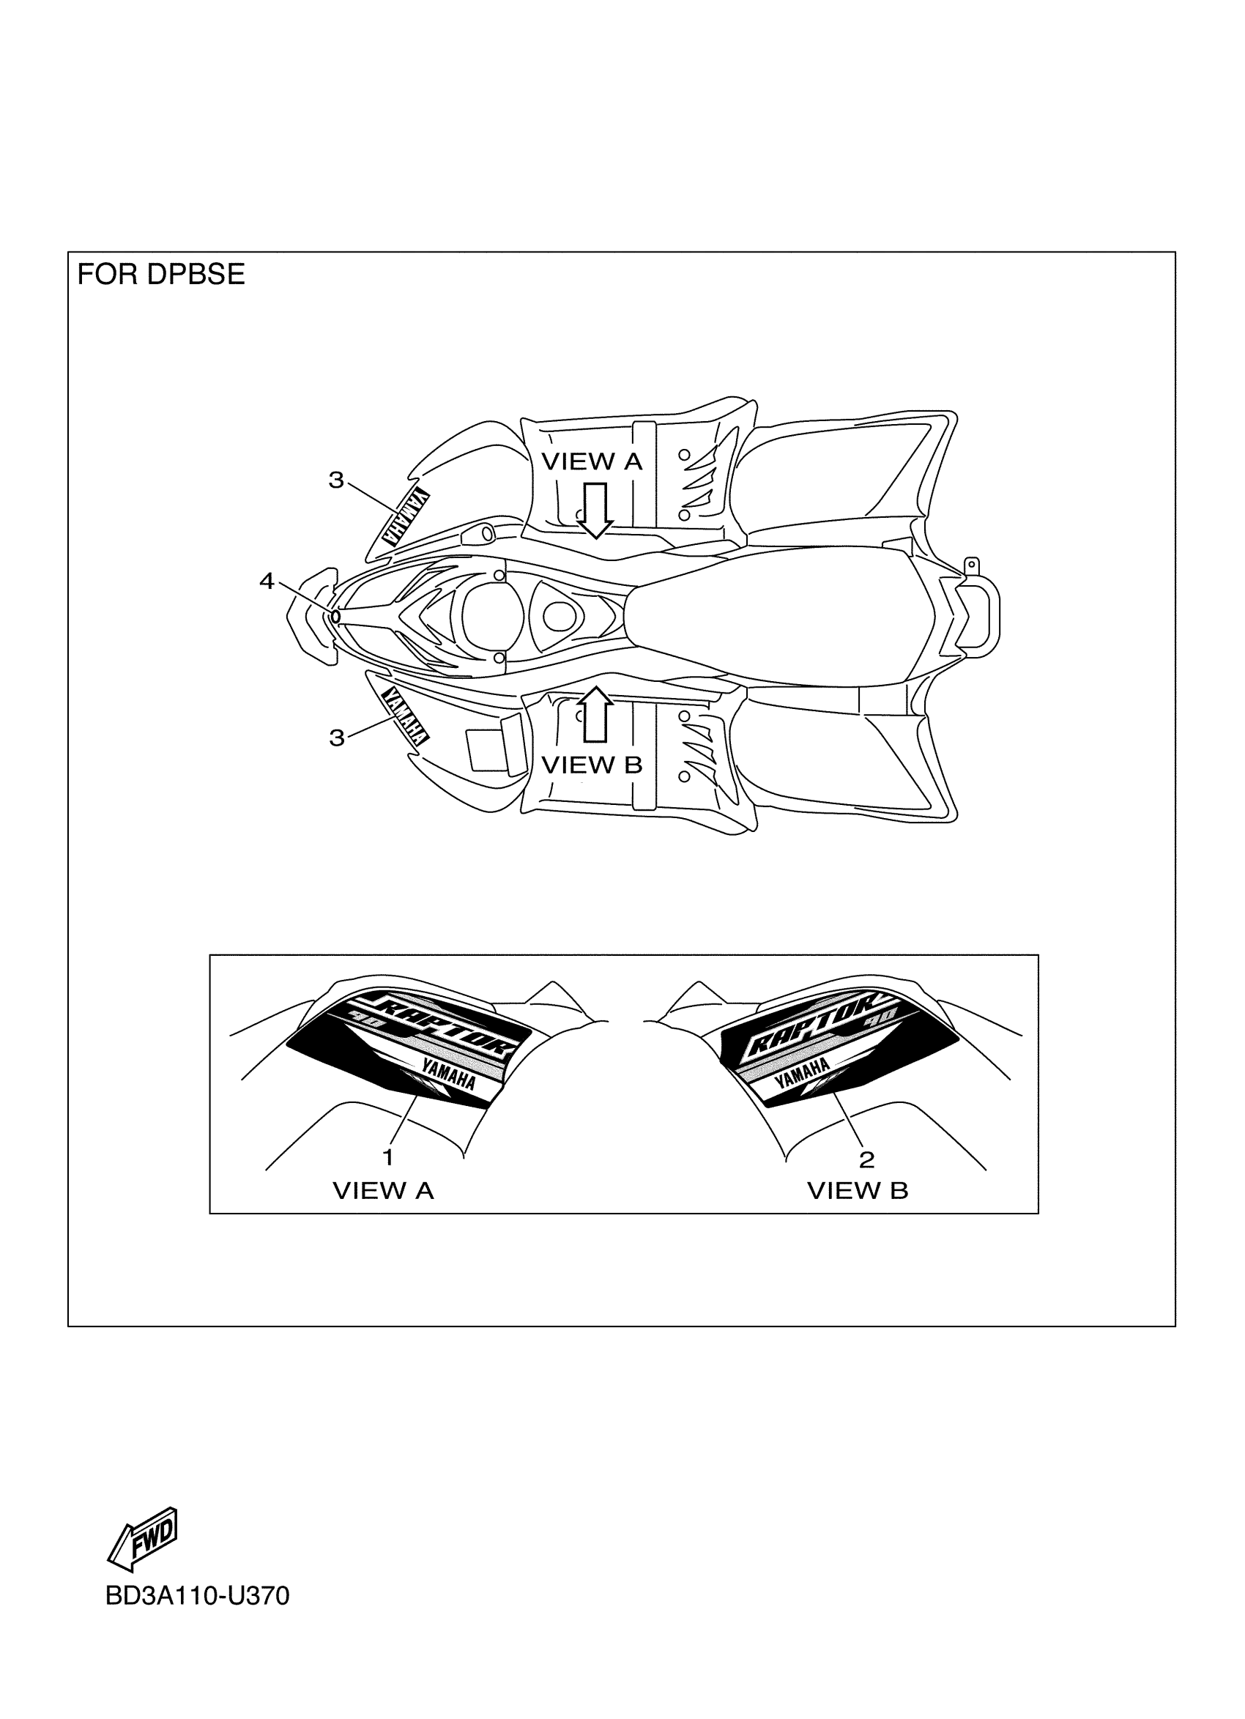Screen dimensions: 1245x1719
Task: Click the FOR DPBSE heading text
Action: (160, 275)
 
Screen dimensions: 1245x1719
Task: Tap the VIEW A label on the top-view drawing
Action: (591, 461)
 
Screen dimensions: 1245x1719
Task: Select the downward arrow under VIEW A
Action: (595, 510)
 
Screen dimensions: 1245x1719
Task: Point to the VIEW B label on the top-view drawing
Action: (591, 765)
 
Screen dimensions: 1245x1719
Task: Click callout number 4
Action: (267, 582)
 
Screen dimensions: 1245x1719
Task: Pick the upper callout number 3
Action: (335, 480)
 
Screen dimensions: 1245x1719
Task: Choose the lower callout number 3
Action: (336, 738)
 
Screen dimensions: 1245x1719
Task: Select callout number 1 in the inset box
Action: (388, 1157)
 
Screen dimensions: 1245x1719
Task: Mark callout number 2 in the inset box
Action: (867, 1159)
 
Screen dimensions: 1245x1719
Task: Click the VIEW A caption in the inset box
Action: (384, 1191)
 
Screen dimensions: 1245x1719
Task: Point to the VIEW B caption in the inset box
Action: (857, 1191)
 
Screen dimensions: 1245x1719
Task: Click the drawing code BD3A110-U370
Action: (197, 1595)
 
